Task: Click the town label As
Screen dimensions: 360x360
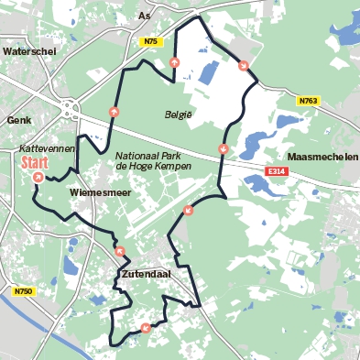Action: click(x=143, y=16)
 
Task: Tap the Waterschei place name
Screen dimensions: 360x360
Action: click(x=30, y=52)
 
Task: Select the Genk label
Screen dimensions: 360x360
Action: click(x=18, y=120)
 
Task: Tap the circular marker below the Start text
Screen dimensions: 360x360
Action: click(x=38, y=177)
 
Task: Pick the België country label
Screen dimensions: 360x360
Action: click(x=179, y=115)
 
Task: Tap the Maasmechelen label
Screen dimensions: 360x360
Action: click(x=322, y=157)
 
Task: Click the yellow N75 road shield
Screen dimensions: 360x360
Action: click(x=151, y=42)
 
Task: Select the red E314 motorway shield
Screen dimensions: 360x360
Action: click(x=277, y=171)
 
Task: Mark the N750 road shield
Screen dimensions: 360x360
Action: click(x=24, y=291)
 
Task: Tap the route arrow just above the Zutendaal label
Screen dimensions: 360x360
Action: click(x=120, y=249)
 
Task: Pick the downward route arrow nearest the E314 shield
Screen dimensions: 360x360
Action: click(x=224, y=149)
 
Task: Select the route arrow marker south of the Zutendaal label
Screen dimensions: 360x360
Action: click(x=145, y=328)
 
